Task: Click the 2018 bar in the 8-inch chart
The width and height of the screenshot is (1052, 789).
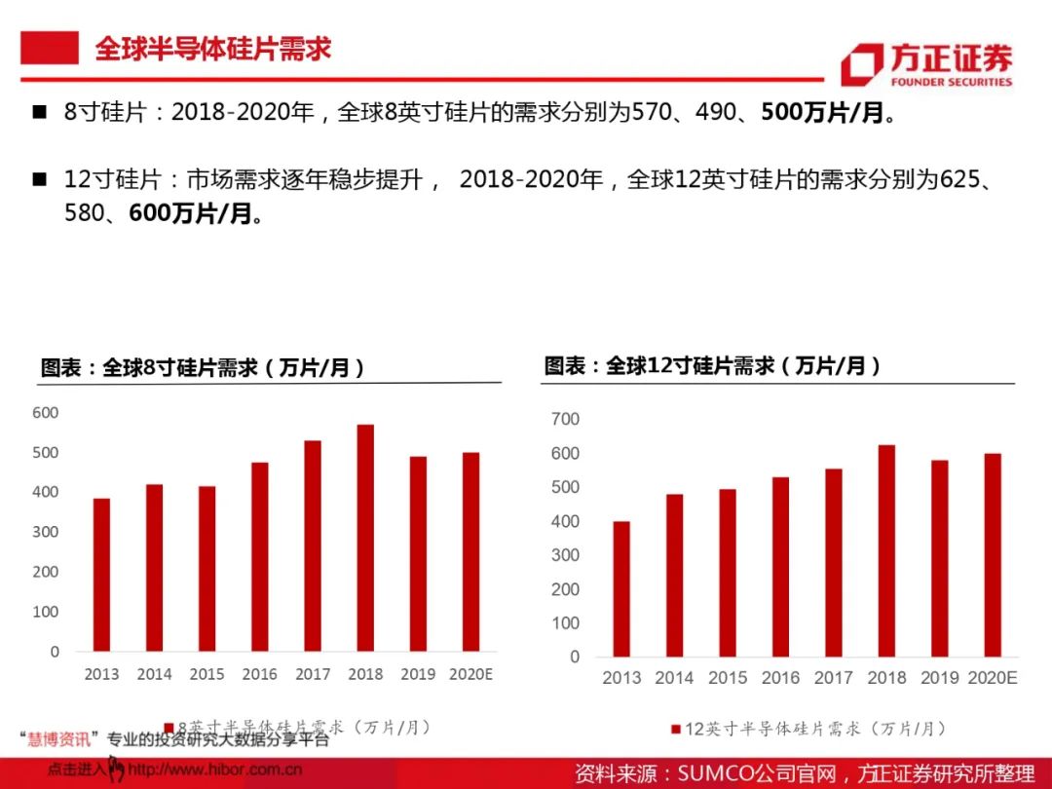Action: pos(365,538)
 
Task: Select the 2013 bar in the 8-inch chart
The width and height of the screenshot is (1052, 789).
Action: pos(101,575)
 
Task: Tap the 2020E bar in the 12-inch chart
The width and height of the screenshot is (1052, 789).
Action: pos(992,555)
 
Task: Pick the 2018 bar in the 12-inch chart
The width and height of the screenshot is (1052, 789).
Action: pos(886,551)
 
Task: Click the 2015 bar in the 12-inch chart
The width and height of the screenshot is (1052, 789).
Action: pos(728,573)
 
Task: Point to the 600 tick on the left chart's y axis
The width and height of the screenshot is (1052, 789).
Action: pos(46,413)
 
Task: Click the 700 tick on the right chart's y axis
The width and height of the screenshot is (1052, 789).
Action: pos(566,419)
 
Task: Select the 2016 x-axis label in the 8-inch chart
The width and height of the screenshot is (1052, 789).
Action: pos(259,674)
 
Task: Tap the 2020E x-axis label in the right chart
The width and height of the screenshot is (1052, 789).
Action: pos(992,678)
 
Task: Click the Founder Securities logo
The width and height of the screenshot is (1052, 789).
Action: pos(926,63)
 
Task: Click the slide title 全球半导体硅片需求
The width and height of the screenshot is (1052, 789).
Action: pos(212,49)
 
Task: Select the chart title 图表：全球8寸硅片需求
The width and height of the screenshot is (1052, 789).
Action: pos(203,368)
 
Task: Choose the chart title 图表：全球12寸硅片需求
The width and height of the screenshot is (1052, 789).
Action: pos(712,366)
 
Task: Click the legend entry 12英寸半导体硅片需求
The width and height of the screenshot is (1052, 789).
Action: pos(808,729)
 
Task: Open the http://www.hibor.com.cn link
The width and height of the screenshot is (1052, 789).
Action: pos(214,770)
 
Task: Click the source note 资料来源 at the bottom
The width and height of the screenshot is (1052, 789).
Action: pos(804,773)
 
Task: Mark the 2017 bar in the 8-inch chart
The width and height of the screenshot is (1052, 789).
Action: pos(313,545)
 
